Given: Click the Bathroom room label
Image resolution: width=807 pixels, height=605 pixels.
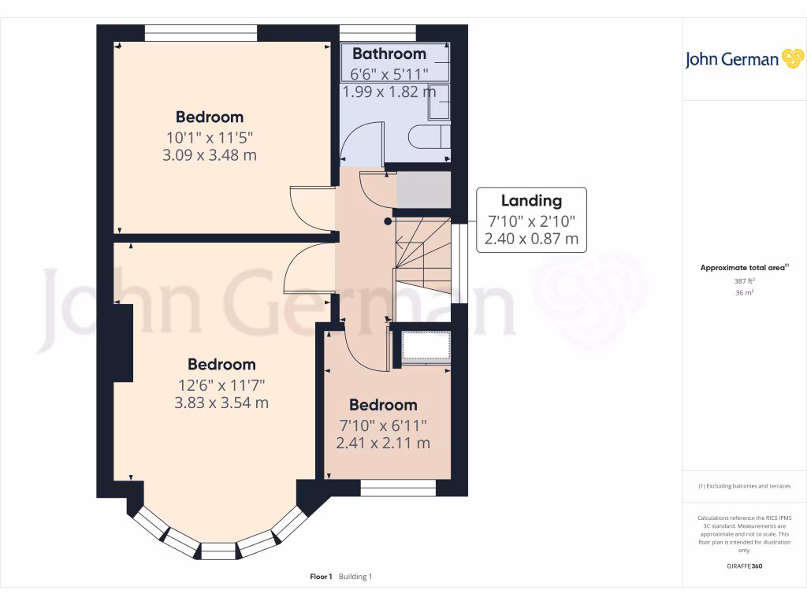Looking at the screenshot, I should [389, 54].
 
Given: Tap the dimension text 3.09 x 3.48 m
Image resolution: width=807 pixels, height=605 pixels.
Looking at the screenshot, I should [209, 155].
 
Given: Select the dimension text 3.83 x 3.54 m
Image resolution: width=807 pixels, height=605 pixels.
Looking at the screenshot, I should [221, 403].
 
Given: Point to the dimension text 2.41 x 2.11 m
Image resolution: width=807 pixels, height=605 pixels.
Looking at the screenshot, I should [383, 443].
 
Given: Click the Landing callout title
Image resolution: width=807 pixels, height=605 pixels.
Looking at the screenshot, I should [531, 200].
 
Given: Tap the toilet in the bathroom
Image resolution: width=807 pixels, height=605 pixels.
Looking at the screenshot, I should [430, 138].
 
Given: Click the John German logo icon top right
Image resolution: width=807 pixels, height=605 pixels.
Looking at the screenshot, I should [791, 59].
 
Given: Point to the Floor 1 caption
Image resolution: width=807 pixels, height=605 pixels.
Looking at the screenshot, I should [322, 577].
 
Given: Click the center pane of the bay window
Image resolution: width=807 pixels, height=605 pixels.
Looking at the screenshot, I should [218, 550].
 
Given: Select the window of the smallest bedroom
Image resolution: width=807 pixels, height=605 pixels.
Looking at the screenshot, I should [398, 488].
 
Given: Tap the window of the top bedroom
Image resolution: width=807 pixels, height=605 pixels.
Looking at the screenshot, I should [201, 32].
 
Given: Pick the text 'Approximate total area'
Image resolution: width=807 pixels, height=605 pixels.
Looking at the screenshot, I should [742, 268].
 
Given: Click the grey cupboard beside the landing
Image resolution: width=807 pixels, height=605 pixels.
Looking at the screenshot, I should [422, 190].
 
